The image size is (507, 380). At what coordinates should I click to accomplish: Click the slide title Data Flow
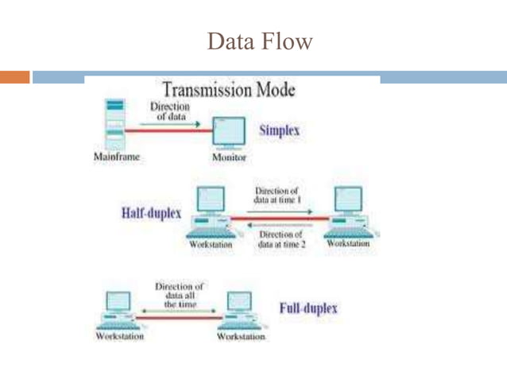[x=260, y=41]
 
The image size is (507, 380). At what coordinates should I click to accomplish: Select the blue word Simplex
[x=280, y=130]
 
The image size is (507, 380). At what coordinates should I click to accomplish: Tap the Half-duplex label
[x=150, y=214]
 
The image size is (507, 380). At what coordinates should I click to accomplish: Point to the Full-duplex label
[x=308, y=308]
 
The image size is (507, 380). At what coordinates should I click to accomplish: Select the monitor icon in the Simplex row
[x=230, y=133]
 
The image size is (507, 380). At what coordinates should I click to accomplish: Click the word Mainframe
[x=116, y=157]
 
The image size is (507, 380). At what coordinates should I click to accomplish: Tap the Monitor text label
[x=230, y=158]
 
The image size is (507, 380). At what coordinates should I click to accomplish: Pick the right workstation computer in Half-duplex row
[x=348, y=211]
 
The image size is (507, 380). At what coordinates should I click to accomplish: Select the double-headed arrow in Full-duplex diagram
[x=180, y=312]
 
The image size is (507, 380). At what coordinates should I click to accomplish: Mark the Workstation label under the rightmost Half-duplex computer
[x=348, y=244]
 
